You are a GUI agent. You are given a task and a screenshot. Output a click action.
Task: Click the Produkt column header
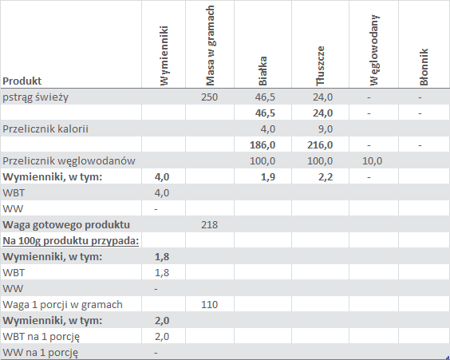(22, 81)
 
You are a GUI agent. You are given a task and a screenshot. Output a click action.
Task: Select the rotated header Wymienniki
(164, 56)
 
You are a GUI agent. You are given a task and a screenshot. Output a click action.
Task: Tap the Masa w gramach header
(210, 45)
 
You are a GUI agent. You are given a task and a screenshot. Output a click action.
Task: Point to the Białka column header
(262, 71)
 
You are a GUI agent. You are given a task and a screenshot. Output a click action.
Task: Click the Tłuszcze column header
(320, 66)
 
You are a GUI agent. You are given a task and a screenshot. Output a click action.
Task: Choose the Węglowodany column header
(374, 50)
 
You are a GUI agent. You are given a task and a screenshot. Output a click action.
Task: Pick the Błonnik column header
(424, 67)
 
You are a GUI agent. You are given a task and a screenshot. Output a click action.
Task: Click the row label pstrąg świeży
(35, 97)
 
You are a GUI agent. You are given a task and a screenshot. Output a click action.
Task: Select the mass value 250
(209, 97)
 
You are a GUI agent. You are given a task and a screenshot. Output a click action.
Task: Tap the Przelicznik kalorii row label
(45, 129)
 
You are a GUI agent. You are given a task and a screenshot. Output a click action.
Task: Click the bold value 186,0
(262, 145)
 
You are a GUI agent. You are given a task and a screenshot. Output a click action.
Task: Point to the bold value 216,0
(320, 145)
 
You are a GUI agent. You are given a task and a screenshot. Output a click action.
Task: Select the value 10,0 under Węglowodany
(373, 160)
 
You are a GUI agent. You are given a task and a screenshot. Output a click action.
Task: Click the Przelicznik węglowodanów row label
(69, 161)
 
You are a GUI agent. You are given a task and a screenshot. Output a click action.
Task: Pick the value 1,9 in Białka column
(268, 177)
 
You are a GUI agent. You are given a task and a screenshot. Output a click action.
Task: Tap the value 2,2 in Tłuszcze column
(326, 177)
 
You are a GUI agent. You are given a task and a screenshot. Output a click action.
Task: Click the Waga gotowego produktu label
(66, 225)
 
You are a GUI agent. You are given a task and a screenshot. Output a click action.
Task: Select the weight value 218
(209, 224)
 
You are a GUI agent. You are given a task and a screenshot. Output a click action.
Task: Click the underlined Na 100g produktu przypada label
(70, 241)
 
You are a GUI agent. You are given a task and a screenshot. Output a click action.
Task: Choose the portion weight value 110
(209, 304)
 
